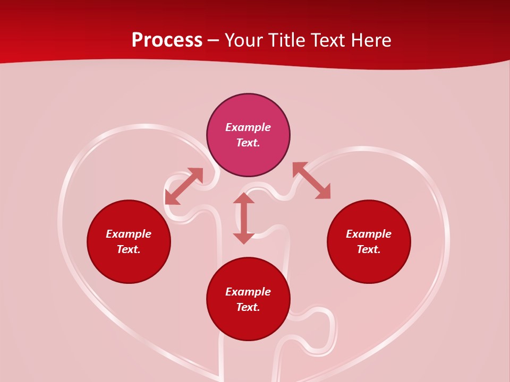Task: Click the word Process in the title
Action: [167, 40]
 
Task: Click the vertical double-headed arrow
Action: [244, 219]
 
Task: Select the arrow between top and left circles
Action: [184, 186]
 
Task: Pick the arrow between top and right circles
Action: [311, 180]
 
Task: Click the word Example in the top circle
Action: [248, 127]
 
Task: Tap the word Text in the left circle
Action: [128, 249]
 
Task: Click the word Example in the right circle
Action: [369, 234]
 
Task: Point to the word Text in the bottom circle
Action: [248, 307]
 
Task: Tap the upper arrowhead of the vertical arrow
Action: [244, 198]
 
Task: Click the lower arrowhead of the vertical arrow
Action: [244, 238]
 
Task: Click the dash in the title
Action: [214, 41]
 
